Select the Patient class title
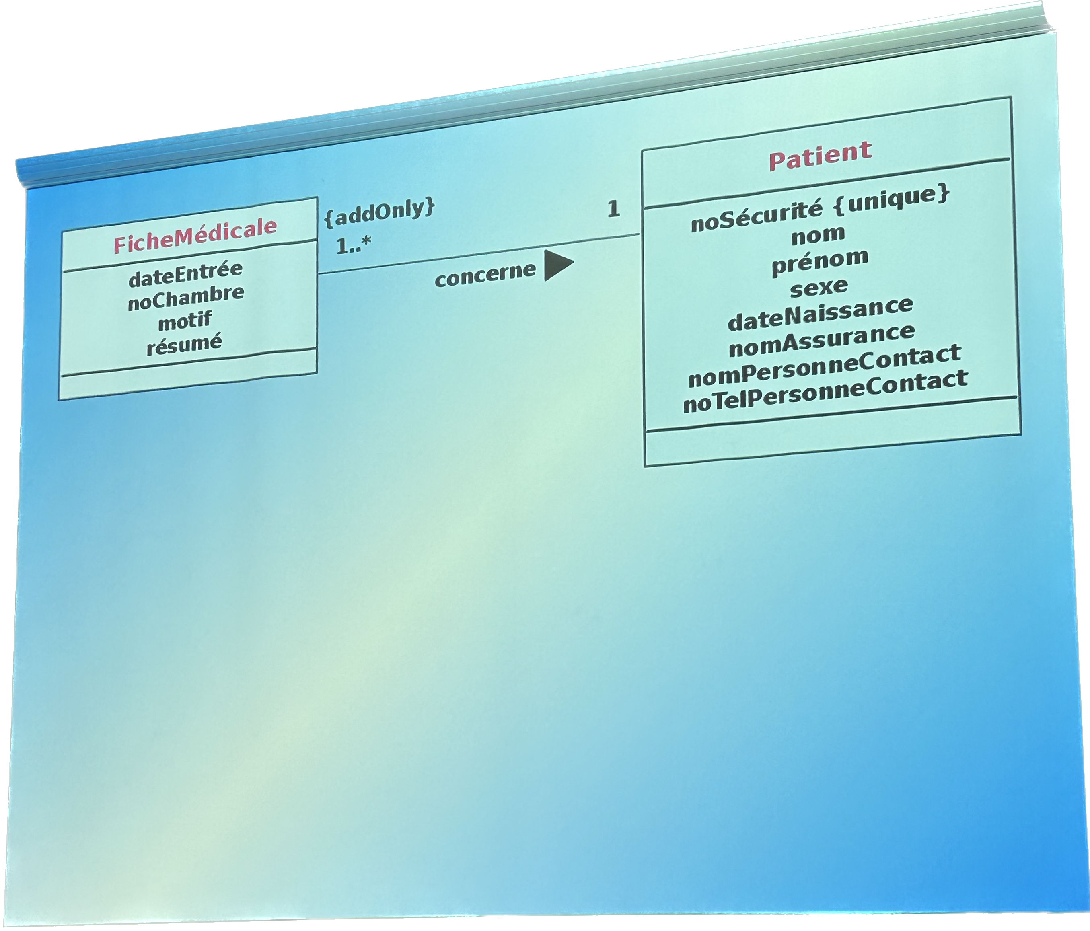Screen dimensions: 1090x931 (x=820, y=156)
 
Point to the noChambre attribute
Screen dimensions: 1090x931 (x=186, y=298)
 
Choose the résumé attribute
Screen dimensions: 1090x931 (x=184, y=345)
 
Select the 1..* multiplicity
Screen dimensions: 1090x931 (x=354, y=245)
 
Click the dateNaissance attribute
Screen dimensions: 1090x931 (x=820, y=314)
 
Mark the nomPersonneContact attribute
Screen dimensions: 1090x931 (x=825, y=366)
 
